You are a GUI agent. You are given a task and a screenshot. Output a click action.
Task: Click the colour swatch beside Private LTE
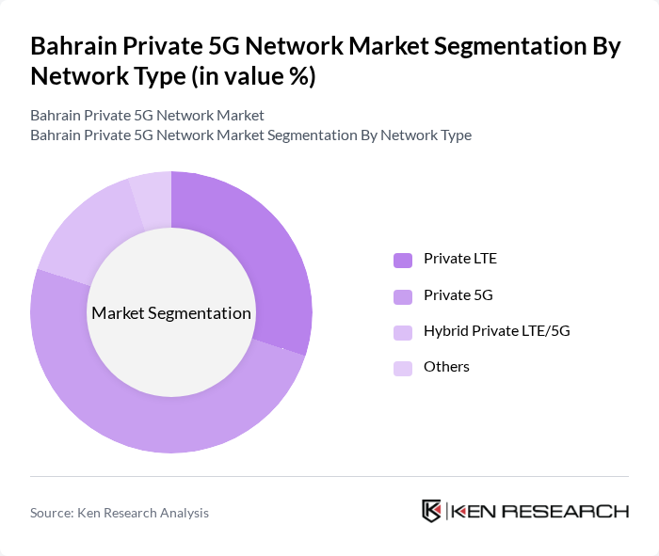pos(403,260)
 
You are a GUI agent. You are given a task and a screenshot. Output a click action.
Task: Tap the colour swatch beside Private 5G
pos(403,296)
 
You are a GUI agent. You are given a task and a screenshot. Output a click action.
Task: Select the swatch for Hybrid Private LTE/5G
pos(403,332)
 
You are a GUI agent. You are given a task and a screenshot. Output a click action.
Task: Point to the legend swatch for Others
pos(403,368)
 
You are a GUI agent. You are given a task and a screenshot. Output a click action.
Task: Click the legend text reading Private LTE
pos(460,259)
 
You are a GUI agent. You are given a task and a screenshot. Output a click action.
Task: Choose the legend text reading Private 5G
pos(458,295)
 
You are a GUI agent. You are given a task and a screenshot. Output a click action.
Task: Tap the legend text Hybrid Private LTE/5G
pos(496,331)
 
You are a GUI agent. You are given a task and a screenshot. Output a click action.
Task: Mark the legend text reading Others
pos(446,367)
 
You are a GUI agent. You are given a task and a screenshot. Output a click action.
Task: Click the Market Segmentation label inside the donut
pos(171,313)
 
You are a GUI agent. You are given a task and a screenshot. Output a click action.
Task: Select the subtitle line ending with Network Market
pos(147,116)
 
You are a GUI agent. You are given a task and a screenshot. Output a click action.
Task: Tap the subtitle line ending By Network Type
pos(250,135)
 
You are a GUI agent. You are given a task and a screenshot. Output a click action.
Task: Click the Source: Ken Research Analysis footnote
pos(120,513)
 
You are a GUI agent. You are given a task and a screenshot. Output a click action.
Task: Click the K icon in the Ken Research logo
pos(431,511)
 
